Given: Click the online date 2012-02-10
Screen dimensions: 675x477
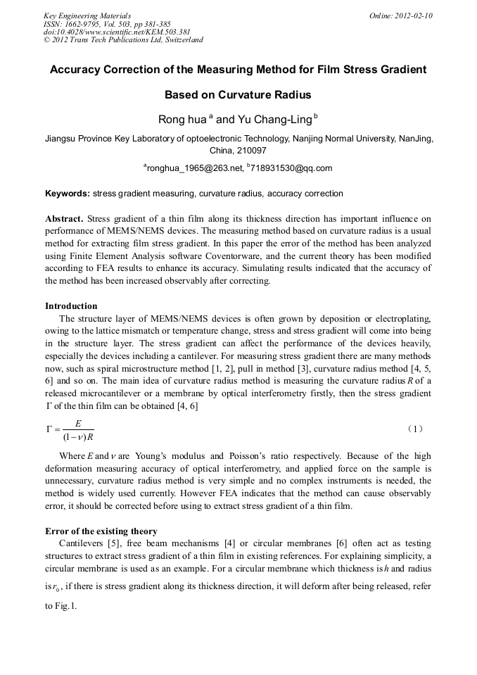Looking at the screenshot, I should (x=412, y=15).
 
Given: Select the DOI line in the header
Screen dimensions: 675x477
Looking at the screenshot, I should (x=106, y=32).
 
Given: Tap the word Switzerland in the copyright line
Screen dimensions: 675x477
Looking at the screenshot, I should (x=181, y=40).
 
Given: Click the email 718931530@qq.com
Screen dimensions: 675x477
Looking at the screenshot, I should (x=291, y=168).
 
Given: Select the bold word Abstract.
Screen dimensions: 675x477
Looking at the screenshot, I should (x=65, y=218).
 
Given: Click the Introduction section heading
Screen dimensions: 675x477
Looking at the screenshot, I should (x=71, y=306).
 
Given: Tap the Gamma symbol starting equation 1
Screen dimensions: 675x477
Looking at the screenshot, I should (x=49, y=429).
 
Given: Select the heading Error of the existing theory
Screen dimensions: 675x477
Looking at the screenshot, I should (x=101, y=531).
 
